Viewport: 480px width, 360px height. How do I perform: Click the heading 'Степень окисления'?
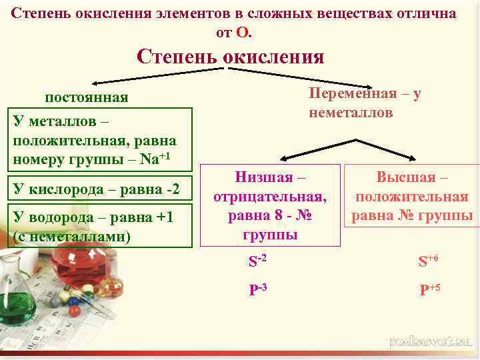pyautogui.click(x=230, y=56)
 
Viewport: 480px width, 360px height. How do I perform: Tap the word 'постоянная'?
pyautogui.click(x=86, y=98)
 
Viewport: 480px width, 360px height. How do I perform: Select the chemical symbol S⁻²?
pyautogui.click(x=257, y=261)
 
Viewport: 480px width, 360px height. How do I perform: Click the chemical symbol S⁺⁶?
pyautogui.click(x=428, y=261)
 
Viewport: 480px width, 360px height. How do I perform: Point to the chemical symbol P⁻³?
pyautogui.click(x=257, y=289)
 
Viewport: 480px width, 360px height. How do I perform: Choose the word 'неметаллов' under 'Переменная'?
pyautogui.click(x=351, y=113)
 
